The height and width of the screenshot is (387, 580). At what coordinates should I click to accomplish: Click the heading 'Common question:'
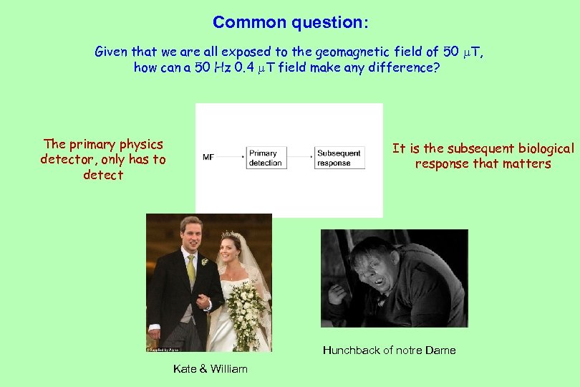tap(290, 22)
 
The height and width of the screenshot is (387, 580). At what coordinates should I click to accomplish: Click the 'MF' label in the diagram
tap(208, 156)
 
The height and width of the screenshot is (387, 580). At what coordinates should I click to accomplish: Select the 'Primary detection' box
tap(264, 158)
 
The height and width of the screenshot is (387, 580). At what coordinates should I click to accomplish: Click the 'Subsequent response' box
tap(339, 158)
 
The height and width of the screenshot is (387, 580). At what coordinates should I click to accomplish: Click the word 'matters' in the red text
tap(527, 164)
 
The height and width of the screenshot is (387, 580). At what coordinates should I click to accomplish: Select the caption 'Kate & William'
tap(210, 368)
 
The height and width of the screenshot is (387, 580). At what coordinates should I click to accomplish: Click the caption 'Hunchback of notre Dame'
tap(389, 350)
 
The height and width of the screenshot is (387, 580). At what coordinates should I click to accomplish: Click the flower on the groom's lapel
tap(204, 262)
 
